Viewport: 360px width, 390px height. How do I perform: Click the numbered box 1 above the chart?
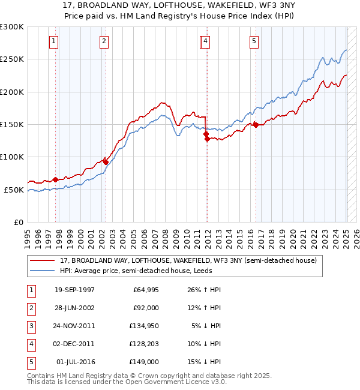(x=54, y=41)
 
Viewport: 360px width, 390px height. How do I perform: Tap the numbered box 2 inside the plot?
(x=104, y=41)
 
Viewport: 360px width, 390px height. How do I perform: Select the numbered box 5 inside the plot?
(x=254, y=41)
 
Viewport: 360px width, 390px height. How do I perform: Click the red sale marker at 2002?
(x=106, y=161)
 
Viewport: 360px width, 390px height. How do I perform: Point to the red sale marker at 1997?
(x=56, y=179)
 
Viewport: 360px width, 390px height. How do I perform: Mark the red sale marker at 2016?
(x=256, y=125)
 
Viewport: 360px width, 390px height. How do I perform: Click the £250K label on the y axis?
(x=11, y=59)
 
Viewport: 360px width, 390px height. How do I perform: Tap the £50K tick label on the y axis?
(x=13, y=190)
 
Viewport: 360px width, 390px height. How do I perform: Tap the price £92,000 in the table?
(x=146, y=308)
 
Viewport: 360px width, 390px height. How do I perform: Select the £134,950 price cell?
(x=143, y=326)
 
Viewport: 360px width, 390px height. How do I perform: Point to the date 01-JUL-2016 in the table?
(x=76, y=362)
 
